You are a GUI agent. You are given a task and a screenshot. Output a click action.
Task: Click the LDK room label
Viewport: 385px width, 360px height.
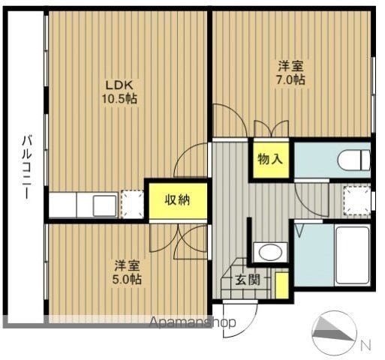[x=119, y=85]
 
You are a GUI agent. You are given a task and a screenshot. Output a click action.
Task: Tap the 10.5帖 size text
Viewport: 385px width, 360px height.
[x=119, y=99]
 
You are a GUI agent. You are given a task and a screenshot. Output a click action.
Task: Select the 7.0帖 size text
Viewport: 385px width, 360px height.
[x=290, y=79]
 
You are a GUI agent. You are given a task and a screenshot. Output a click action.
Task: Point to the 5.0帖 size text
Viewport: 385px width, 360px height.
[x=127, y=279]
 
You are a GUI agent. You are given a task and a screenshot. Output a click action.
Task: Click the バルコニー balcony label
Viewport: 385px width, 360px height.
[x=27, y=167]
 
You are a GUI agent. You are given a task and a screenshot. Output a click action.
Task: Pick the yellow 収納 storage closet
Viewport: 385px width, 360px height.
[x=178, y=201]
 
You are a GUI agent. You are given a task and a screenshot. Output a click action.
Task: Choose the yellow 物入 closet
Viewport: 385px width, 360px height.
[x=271, y=159]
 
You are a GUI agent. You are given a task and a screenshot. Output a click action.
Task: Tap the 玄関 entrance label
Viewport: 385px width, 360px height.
[x=248, y=280]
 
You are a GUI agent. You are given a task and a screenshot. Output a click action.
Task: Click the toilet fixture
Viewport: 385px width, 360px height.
[x=354, y=160]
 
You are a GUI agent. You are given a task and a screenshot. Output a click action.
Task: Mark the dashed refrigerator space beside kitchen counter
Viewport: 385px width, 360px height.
[x=133, y=204]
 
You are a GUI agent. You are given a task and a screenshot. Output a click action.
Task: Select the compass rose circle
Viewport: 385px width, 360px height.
[x=335, y=332]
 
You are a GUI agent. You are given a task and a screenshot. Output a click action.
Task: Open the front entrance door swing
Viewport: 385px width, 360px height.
[x=240, y=319]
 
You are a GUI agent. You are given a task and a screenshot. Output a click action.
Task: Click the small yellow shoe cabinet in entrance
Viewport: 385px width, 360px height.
[x=281, y=285]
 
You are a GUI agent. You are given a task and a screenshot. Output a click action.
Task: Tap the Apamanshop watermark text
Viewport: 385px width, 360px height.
[x=192, y=322]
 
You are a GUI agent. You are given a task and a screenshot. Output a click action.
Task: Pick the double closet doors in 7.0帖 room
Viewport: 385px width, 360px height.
[x=271, y=128]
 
